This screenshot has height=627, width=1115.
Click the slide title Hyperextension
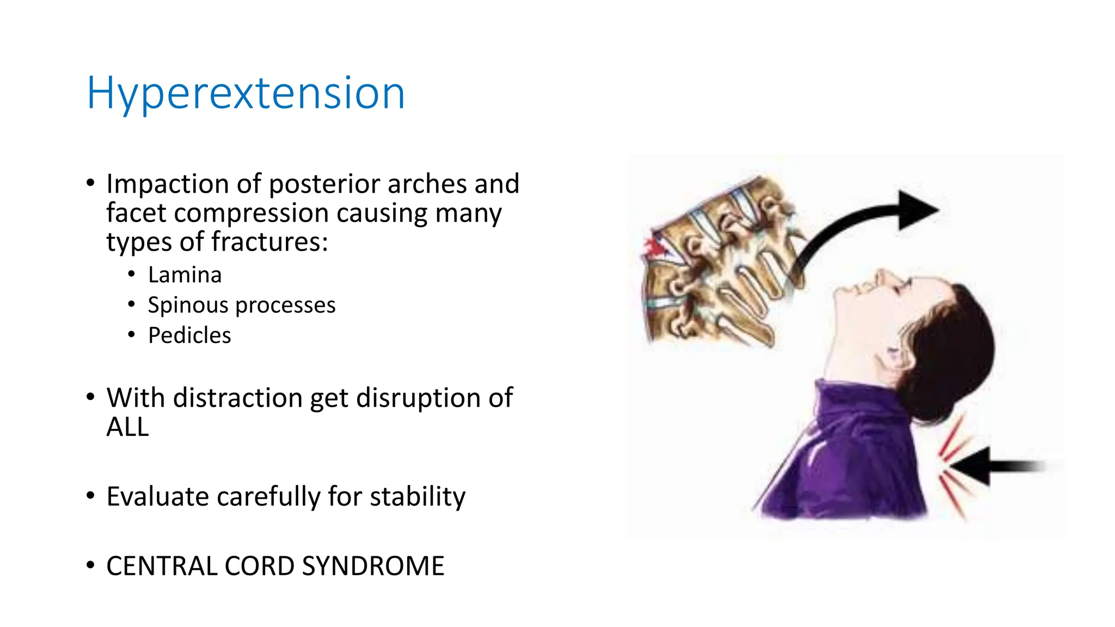click(x=246, y=94)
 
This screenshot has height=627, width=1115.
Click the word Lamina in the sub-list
click(x=185, y=275)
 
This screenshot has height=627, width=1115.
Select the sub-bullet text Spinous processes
click(x=241, y=305)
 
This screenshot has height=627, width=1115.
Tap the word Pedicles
click(x=189, y=335)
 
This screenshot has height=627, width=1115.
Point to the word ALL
click(x=127, y=427)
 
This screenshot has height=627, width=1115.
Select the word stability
click(x=418, y=496)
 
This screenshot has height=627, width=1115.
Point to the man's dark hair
click(x=958, y=348)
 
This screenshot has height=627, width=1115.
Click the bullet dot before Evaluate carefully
click(x=90, y=496)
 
